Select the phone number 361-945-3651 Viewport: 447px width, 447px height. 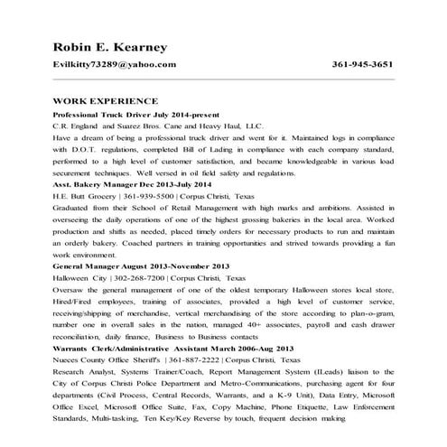click(362, 66)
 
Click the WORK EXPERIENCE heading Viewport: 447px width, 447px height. click(106, 102)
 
